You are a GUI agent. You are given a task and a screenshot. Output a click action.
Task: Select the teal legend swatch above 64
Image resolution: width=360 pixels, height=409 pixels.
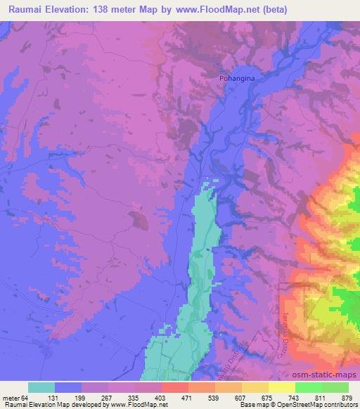pyautogui.click(x=41, y=387)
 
